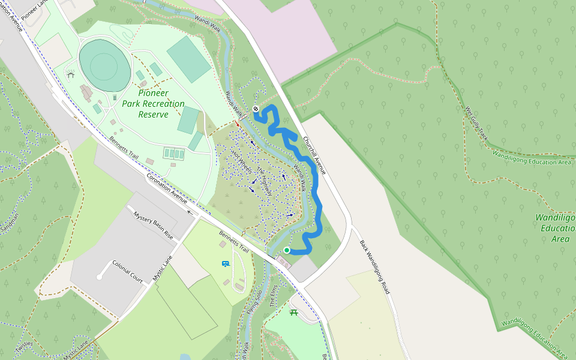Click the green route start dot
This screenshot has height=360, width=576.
[287, 250]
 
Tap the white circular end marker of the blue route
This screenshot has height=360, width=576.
[256, 109]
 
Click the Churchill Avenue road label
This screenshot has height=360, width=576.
[314, 154]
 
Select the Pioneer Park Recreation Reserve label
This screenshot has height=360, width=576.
[153, 103]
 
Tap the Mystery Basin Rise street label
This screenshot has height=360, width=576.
[153, 226]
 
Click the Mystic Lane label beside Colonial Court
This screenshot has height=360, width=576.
[162, 268]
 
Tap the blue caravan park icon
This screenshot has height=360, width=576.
[226, 263]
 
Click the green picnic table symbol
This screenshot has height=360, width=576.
[294, 312]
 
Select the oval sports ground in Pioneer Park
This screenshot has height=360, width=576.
[104, 65]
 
